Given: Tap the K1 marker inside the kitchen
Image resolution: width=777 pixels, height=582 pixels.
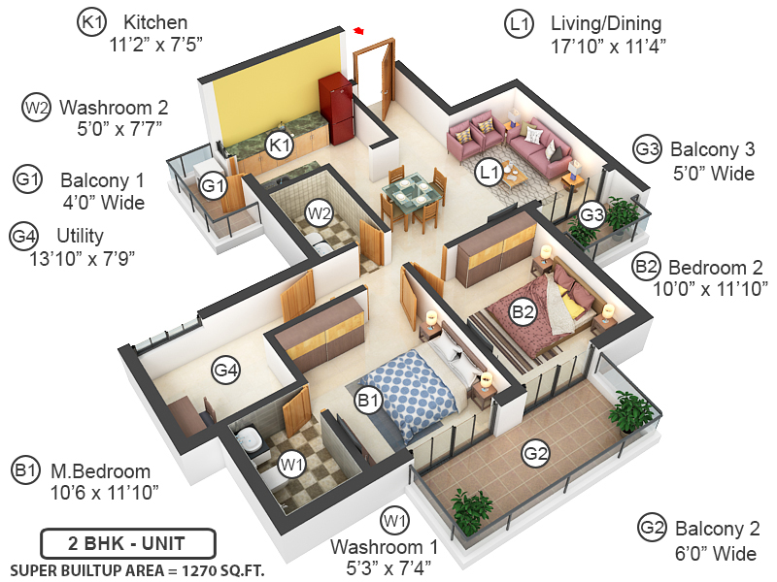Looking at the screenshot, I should tap(281, 145).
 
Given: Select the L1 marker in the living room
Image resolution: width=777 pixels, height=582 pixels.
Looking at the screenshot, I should tap(490, 173).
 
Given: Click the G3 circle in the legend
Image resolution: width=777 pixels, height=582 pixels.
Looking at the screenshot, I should tap(648, 149).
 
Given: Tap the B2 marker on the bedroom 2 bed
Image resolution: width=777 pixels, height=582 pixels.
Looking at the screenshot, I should tap(524, 311).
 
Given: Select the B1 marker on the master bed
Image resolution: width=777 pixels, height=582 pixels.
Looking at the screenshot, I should tap(367, 399).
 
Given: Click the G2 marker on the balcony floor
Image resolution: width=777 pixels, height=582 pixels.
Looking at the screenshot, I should tap(535, 452).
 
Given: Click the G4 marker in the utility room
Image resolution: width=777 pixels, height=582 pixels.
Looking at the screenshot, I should tap(226, 369).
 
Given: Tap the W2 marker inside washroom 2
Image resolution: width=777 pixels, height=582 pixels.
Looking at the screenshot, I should tap(320, 210).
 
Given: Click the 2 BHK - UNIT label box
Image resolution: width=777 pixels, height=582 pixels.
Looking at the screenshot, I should tap(127, 543).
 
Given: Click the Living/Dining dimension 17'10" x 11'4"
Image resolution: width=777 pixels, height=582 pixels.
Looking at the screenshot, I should tap(608, 45).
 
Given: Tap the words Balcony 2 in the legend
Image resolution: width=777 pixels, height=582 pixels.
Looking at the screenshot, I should tap(716, 529).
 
